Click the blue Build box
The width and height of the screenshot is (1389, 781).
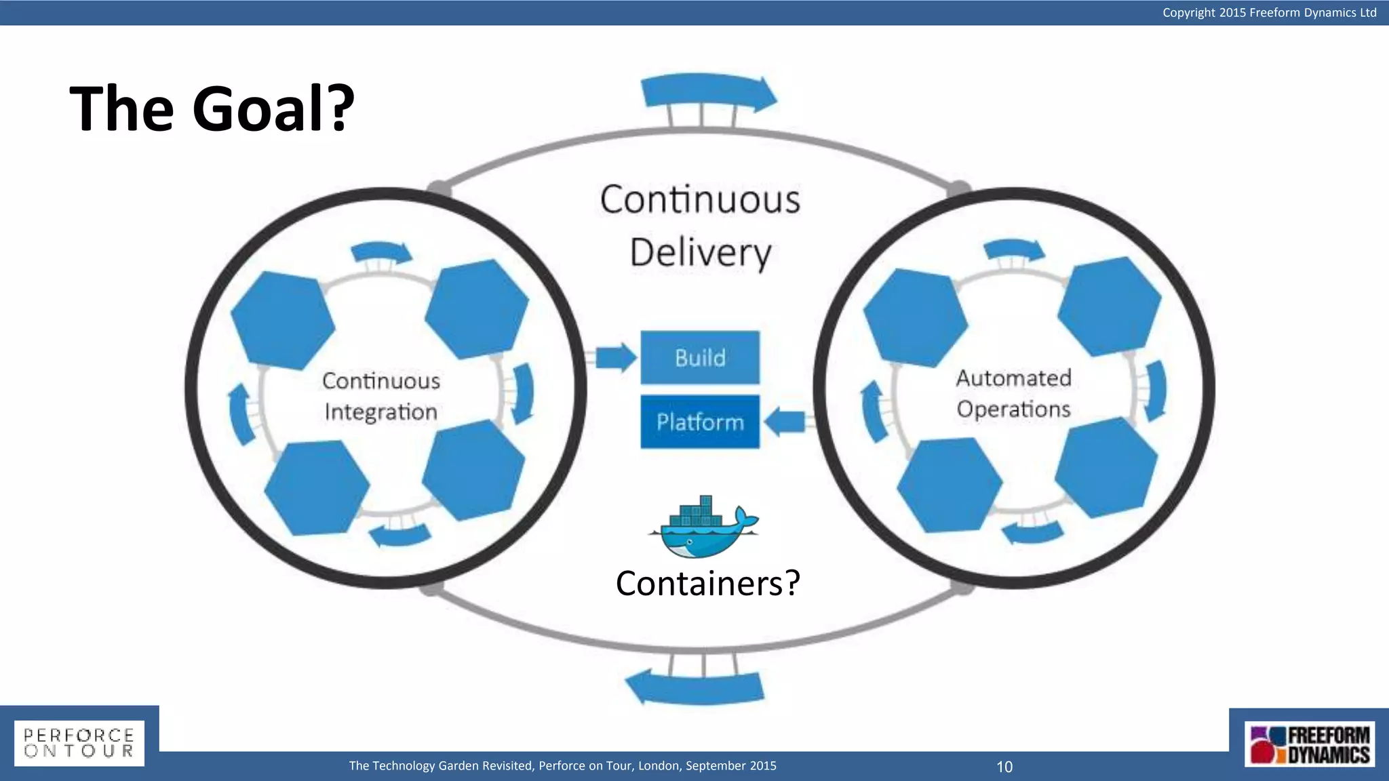tap(700, 357)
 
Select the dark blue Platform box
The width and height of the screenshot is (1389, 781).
tap(700, 422)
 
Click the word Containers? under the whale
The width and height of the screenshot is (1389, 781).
tap(707, 584)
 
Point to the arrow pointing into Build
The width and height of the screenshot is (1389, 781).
tap(616, 357)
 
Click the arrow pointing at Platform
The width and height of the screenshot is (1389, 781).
tap(785, 422)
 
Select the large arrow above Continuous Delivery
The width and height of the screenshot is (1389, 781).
tap(709, 94)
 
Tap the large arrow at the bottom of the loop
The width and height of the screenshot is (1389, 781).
tap(695, 686)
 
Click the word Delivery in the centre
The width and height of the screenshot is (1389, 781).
tap(701, 253)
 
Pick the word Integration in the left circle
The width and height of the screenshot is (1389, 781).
tap(380, 412)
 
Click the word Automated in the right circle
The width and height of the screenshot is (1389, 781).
tap(1013, 378)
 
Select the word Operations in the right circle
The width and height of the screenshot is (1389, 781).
tap(1013, 409)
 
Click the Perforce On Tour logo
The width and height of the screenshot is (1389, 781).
tap(79, 743)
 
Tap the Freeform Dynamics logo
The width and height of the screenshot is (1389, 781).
tap(1310, 744)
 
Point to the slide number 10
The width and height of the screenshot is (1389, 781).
tap(1004, 767)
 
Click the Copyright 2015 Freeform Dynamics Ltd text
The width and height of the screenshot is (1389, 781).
tap(1269, 12)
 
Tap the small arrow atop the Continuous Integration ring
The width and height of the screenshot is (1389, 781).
tap(382, 252)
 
